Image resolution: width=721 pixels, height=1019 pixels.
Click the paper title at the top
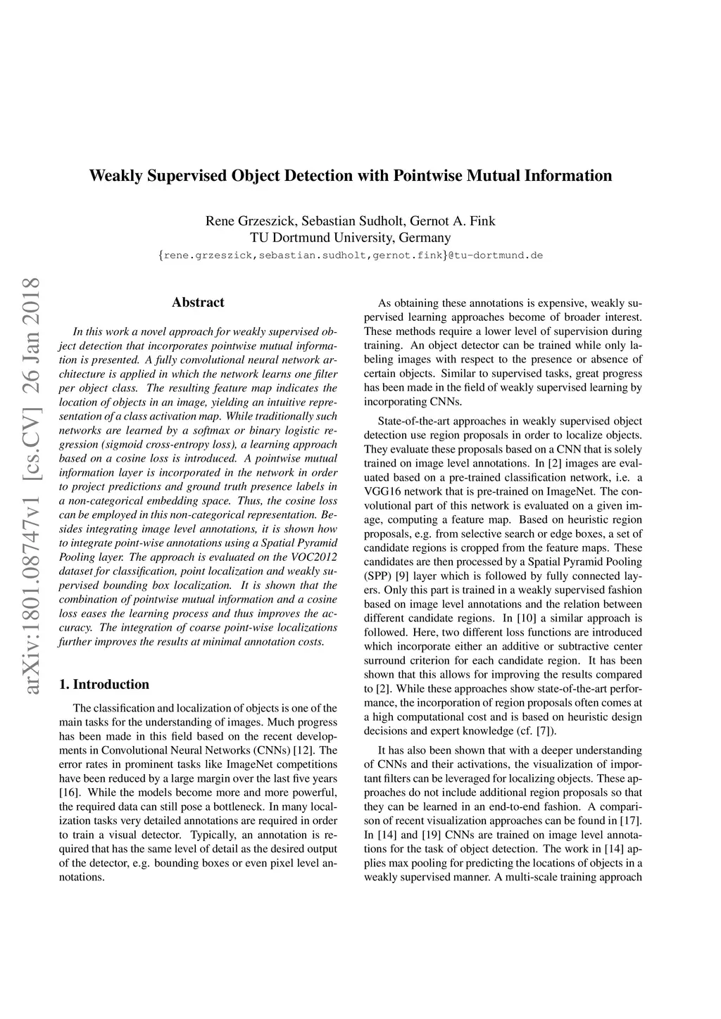click(351, 176)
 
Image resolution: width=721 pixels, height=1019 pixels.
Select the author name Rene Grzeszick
click(250, 221)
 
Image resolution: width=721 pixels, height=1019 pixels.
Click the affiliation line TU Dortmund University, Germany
click(351, 237)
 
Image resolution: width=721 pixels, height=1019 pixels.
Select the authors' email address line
click(351, 255)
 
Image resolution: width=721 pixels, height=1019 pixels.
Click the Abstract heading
click(198, 303)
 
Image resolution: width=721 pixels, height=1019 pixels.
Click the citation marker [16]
click(68, 792)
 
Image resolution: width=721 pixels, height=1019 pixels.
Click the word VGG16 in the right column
click(382, 492)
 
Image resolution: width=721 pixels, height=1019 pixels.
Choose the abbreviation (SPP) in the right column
click(377, 576)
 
